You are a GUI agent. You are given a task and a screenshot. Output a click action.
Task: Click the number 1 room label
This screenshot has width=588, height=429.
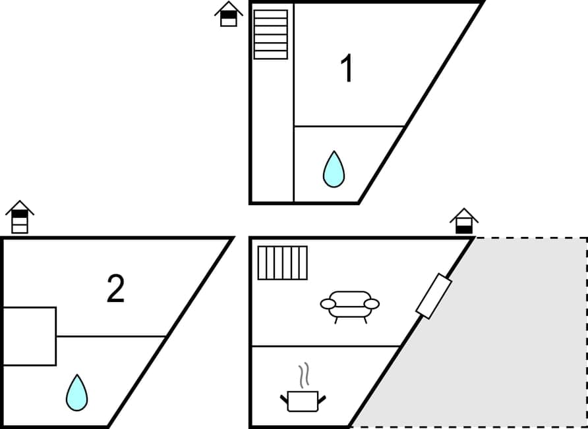346,69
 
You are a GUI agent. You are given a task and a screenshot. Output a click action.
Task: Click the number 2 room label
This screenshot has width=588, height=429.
115,290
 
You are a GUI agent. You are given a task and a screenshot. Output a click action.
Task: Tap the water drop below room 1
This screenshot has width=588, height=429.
334,170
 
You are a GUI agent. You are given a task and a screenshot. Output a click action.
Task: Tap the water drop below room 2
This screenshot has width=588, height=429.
76,393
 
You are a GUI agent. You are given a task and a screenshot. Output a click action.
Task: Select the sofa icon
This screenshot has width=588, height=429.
349,305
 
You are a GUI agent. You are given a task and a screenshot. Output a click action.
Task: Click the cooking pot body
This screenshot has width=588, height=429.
303,401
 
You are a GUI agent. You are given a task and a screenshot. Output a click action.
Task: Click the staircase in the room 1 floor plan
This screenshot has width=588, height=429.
271,34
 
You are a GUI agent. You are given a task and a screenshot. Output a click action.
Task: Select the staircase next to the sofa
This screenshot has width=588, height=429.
282,263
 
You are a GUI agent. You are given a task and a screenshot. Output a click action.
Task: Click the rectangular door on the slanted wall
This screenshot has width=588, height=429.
433,296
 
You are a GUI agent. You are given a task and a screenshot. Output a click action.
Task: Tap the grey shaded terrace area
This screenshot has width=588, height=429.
501,342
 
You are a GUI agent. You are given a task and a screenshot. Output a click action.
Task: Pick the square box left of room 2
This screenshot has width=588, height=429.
29,336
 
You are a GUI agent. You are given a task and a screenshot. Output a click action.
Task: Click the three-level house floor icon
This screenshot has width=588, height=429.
20,217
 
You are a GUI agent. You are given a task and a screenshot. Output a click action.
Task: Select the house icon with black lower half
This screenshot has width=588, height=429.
464,222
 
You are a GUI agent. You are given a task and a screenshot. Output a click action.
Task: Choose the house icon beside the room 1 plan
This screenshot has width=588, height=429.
229,14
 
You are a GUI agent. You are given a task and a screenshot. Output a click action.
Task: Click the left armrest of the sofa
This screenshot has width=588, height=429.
328,303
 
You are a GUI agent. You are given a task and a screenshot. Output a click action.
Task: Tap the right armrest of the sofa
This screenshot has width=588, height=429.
372,303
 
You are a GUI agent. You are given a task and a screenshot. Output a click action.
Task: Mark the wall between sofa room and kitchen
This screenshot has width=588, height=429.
326,346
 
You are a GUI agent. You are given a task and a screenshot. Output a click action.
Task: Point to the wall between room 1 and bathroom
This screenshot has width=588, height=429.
349,126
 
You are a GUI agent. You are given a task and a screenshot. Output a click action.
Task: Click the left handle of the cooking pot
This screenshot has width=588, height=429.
284,399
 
